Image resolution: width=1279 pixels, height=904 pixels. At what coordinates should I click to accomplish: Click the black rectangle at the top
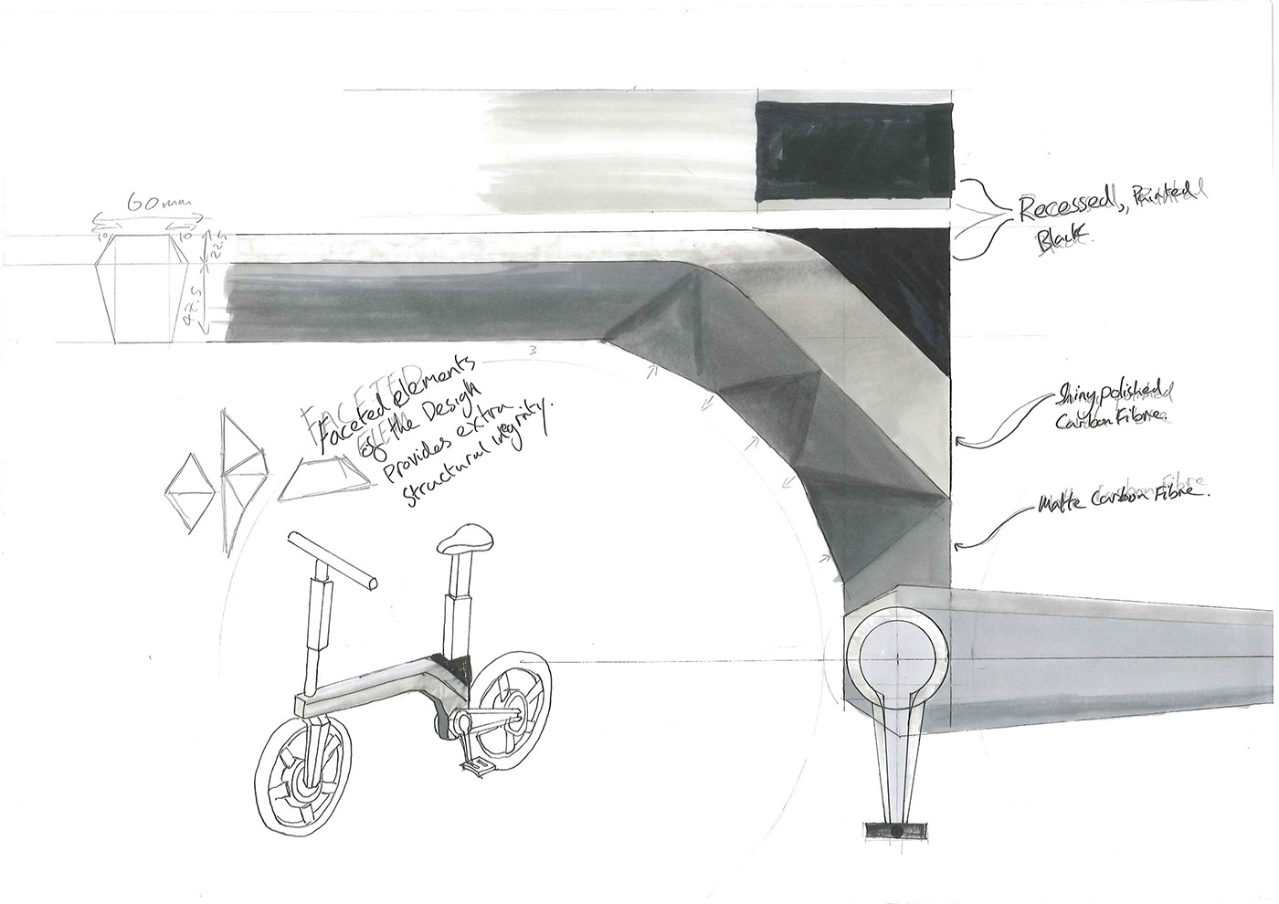coord(854,153)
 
